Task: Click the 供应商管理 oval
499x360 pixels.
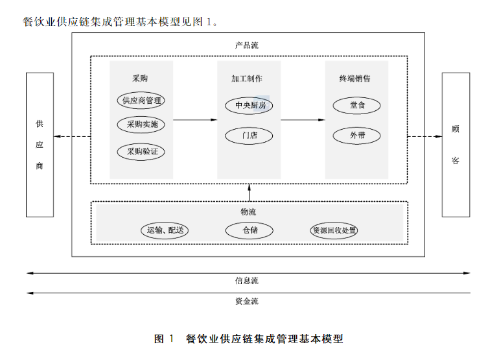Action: click(x=141, y=101)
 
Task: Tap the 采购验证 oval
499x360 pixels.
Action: click(x=141, y=152)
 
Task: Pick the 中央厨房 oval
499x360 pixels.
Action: click(x=249, y=105)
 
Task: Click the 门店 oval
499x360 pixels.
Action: click(x=249, y=136)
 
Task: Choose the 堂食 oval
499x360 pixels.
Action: click(x=356, y=105)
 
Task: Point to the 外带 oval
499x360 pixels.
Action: click(x=356, y=136)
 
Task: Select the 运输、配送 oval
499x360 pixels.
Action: click(x=164, y=230)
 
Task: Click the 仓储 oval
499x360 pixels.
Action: click(x=250, y=230)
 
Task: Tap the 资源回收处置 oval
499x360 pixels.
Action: click(x=334, y=230)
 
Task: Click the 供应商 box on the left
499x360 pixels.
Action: click(x=40, y=145)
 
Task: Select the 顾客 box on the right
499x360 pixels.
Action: click(x=455, y=145)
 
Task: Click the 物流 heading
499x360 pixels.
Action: click(x=249, y=211)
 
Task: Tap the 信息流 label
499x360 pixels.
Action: click(x=246, y=281)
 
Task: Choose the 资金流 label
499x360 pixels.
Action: click(x=246, y=301)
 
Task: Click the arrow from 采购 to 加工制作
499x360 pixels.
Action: click(x=195, y=120)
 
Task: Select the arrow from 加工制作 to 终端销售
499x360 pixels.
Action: click(x=303, y=120)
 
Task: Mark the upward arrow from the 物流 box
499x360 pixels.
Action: click(x=249, y=193)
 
